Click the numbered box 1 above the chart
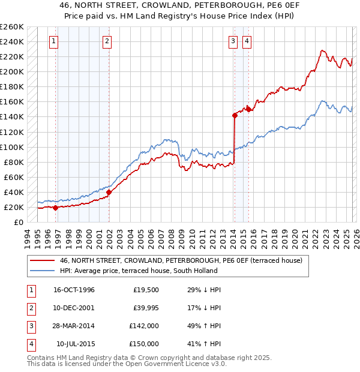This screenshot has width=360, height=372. [54, 41]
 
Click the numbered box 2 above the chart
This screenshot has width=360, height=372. [106, 41]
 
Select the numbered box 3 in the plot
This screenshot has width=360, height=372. [232, 41]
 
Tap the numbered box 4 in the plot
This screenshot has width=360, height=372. [247, 41]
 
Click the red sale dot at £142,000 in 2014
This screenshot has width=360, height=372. [235, 115]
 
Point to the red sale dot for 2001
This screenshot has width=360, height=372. [109, 192]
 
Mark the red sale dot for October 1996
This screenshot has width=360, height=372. [56, 208]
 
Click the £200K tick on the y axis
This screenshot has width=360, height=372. [12, 71]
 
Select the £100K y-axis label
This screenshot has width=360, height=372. [12, 147]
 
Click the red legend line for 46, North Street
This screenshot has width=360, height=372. [42, 260]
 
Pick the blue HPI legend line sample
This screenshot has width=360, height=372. [42, 271]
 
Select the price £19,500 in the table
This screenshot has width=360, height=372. [144, 290]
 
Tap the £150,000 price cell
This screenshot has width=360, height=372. [144, 344]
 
